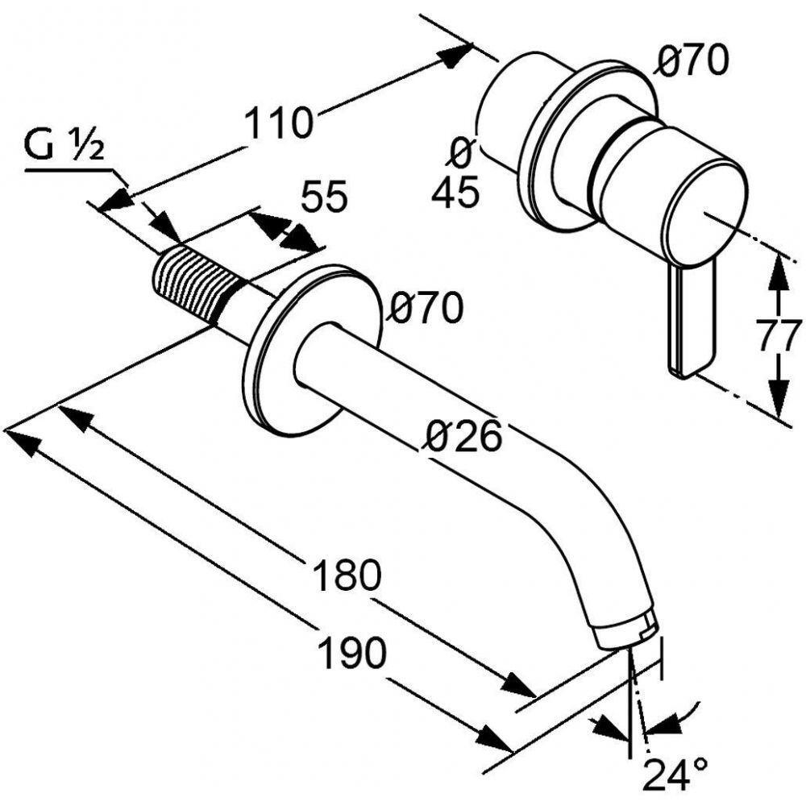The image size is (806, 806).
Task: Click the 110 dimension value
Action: [278, 123]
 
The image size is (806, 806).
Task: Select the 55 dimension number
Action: [324, 197]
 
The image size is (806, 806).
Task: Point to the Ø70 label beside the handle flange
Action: [692, 60]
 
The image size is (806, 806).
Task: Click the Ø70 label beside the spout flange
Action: [427, 307]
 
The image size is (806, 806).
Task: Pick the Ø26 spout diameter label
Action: [465, 436]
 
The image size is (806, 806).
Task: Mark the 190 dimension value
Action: [351, 652]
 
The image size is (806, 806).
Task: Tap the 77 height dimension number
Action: [779, 334]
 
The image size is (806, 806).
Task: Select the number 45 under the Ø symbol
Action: [455, 193]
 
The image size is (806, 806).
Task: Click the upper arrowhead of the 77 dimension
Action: [775, 270]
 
